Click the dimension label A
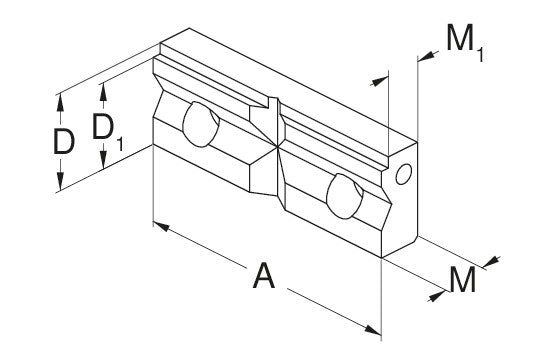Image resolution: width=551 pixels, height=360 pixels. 264,276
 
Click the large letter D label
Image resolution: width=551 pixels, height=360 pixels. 64,142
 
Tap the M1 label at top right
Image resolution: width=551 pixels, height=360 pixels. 465,43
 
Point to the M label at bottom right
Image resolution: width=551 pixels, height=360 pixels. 462,280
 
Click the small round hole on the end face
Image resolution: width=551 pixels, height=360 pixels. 403,174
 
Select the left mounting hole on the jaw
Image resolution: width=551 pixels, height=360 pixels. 201,124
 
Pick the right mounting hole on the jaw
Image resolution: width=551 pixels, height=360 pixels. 345,196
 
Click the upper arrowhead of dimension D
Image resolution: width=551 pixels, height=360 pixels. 60,103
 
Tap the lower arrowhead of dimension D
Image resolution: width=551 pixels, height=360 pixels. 60,183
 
